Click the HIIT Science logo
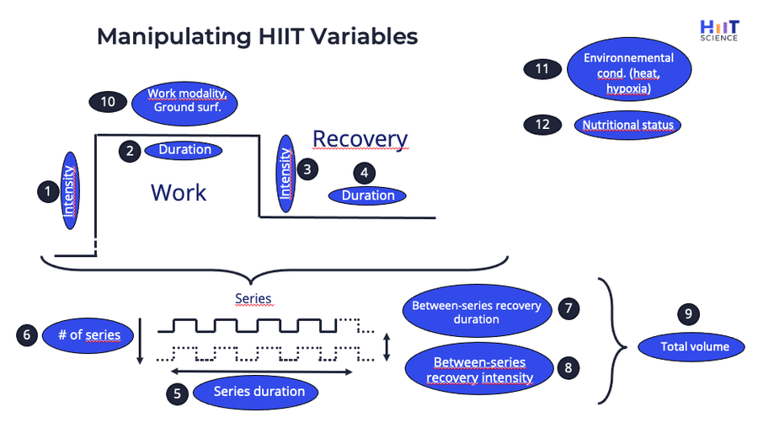tap(718, 29)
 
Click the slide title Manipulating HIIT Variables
tap(257, 37)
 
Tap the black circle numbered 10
tap(108, 101)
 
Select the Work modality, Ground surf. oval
tap(185, 102)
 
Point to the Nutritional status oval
tap(628, 126)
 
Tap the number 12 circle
tap(542, 125)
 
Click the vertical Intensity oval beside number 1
tap(70, 190)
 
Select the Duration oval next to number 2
tap(184, 150)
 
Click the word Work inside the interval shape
tap(179, 192)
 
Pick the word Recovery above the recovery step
tap(360, 139)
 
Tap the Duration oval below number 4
tap(367, 195)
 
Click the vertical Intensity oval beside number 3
tap(286, 173)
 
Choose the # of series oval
tap(88, 334)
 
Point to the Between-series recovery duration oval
tap(477, 313)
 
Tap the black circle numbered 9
tap(688, 314)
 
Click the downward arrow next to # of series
tap(140, 340)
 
